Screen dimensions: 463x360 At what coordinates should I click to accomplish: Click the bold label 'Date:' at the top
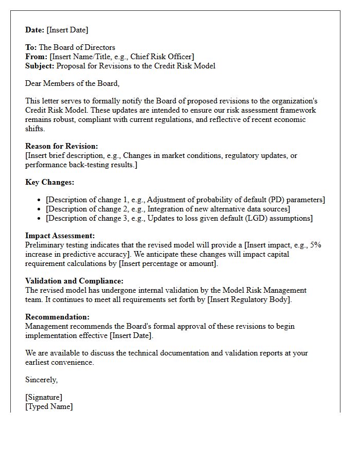point(35,30)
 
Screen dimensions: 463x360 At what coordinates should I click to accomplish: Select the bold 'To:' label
point(31,47)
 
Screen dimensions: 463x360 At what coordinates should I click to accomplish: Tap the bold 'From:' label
point(36,57)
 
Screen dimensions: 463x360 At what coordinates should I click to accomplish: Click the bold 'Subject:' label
point(40,66)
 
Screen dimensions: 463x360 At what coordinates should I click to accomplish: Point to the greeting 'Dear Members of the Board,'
point(72,83)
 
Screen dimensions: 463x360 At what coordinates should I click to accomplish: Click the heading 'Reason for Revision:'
point(61,146)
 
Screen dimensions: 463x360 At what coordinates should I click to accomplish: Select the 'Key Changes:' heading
point(49,182)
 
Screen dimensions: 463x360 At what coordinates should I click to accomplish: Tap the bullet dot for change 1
point(40,200)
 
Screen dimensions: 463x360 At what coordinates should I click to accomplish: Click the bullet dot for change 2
point(40,209)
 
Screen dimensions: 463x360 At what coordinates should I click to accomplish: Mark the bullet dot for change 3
point(40,219)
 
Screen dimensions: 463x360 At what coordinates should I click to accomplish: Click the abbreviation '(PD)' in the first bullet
point(278,200)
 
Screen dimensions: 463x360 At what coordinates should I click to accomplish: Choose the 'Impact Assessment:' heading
point(59,236)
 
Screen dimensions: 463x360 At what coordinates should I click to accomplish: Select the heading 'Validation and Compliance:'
point(74,281)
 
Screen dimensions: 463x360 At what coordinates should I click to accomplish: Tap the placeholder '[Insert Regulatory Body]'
point(249,299)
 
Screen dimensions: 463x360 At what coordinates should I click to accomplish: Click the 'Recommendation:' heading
point(57,317)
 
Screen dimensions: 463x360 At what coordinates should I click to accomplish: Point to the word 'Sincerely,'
point(42,380)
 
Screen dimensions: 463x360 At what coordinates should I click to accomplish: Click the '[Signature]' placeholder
point(44,397)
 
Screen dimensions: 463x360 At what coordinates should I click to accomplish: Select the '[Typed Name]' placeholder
point(49,406)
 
